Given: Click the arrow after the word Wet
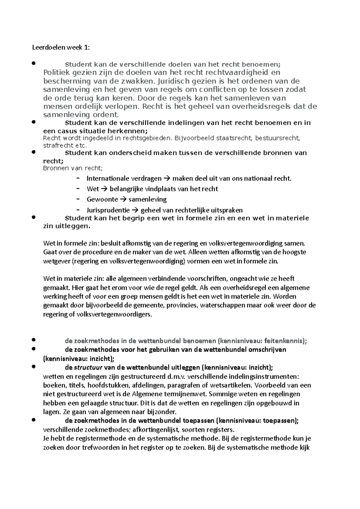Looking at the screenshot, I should point(104,189).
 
